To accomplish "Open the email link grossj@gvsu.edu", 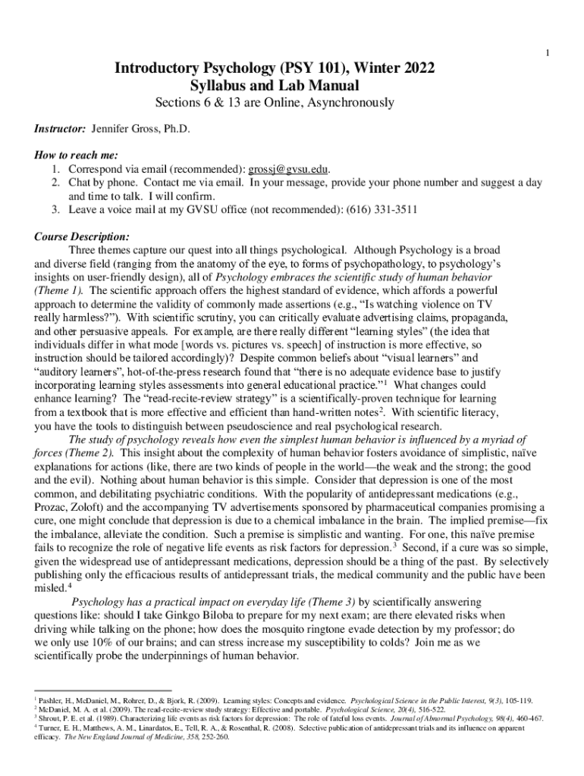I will tap(293, 169).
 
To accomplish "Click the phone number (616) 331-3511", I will tap(376, 209).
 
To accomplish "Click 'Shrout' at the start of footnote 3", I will tap(50, 718).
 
